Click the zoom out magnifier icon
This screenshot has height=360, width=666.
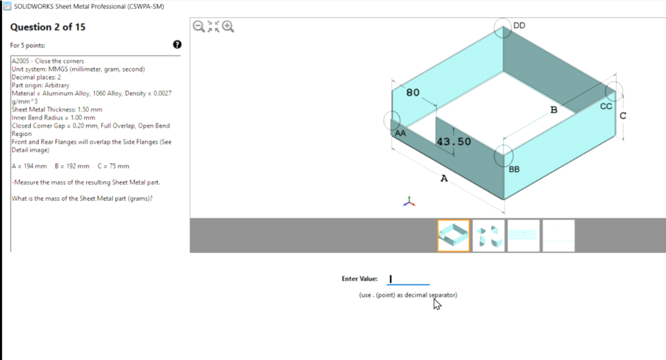click(198, 27)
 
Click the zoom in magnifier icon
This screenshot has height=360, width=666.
click(228, 27)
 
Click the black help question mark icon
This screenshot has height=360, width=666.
click(177, 45)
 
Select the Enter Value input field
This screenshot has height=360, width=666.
click(408, 279)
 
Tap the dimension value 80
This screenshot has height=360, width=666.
click(413, 93)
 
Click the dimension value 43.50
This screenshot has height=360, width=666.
click(454, 142)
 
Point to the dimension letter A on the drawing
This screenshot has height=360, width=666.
click(444, 179)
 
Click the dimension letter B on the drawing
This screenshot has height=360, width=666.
click(554, 110)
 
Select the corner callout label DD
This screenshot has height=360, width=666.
click(519, 26)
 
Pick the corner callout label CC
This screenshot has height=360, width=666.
click(606, 106)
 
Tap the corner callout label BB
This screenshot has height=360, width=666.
click(514, 169)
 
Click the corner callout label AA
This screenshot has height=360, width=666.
click(400, 132)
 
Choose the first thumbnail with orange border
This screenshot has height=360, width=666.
click(454, 235)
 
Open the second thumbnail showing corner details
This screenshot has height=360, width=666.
click(488, 235)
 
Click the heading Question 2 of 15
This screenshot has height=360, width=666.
click(48, 27)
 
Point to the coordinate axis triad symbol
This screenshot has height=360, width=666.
click(410, 202)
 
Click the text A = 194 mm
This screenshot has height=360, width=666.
click(29, 166)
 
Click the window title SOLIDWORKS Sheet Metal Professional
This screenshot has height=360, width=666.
click(89, 6)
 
